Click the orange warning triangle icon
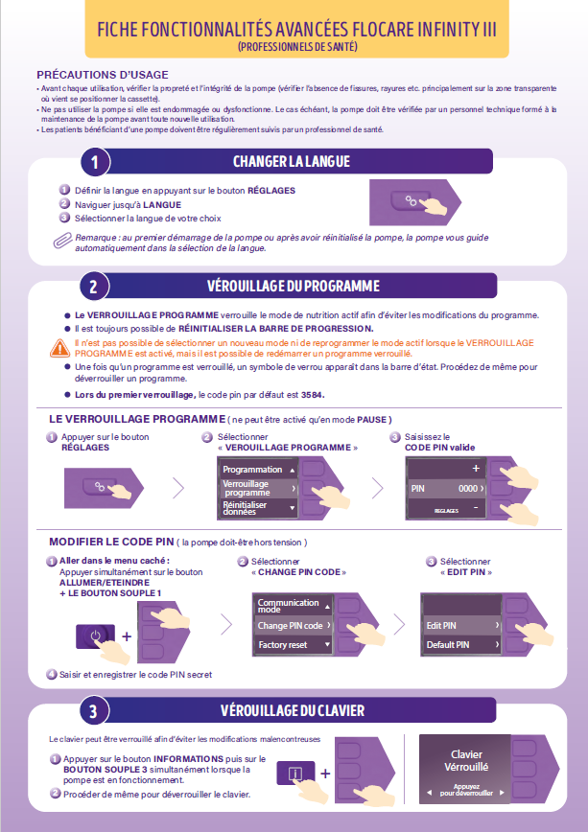pos(60,348)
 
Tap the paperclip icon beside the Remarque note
pos(62,241)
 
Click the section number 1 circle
pos(95,161)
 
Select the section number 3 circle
pos(94,710)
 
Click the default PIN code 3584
pos(312,395)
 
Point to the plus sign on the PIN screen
pos(476,468)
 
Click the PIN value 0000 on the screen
pos(468,488)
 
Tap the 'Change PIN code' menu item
pos(294,626)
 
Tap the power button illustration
pos(96,636)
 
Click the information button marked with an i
pos(295,774)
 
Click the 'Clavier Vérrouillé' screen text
pos(466,760)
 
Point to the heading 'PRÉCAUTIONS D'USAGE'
pos(103,75)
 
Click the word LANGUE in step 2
pos(162,205)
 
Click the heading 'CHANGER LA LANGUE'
pos(292,161)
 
